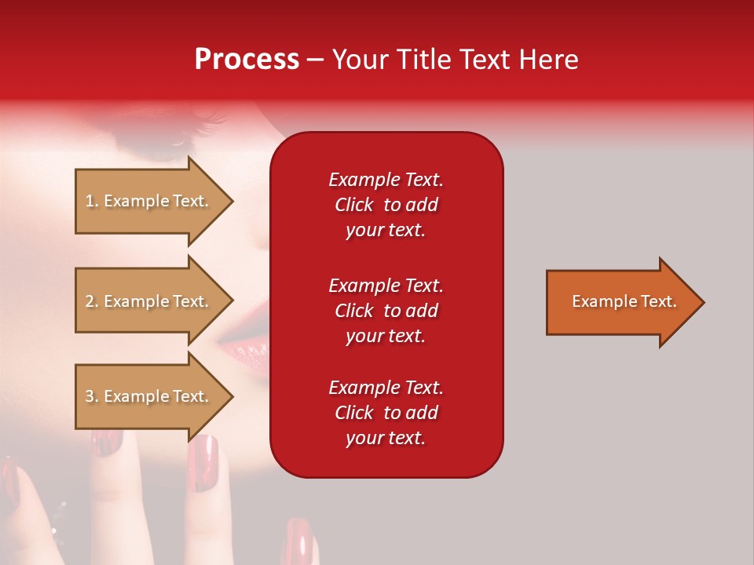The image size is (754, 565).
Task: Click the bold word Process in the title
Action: pyautogui.click(x=247, y=60)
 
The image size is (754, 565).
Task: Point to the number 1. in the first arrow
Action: pyautogui.click(x=92, y=201)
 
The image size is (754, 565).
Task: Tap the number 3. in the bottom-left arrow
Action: pyautogui.click(x=92, y=396)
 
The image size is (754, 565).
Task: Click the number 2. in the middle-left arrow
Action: pyautogui.click(x=92, y=301)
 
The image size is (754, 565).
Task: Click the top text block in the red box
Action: pyautogui.click(x=386, y=205)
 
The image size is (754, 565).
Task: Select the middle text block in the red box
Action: pyautogui.click(x=386, y=311)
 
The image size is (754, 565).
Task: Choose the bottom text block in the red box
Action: pyautogui.click(x=386, y=413)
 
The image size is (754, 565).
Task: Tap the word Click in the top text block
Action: pyautogui.click(x=353, y=205)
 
